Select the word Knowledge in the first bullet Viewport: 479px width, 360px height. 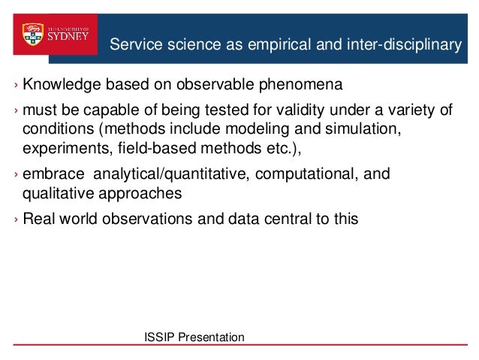59,82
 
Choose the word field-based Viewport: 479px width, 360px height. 155,147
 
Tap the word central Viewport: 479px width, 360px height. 294,220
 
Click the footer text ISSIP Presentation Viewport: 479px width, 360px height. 194,337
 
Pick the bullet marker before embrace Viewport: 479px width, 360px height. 14,177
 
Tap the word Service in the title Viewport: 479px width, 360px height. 132,46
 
